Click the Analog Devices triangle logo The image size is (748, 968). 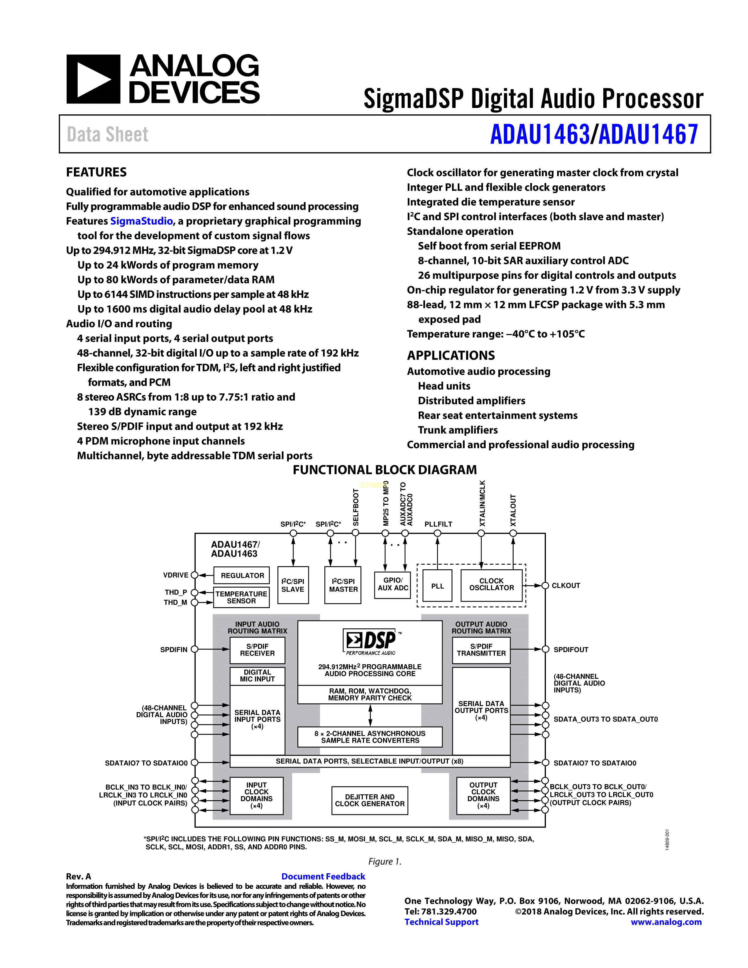coord(93,79)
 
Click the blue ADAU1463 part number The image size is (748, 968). coord(540,134)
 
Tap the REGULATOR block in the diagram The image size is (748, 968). coord(242,575)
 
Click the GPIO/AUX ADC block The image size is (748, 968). coord(392,584)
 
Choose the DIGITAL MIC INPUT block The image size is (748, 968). coord(257,676)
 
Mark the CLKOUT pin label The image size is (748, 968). coord(566,585)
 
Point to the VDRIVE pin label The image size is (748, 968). coord(175,575)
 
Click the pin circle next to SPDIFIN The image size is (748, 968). coord(194,649)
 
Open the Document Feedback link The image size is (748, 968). coord(323,876)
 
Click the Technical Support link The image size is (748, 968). coord(441,922)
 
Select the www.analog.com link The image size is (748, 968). coord(666,922)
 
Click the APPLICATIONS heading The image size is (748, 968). coord(451,356)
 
